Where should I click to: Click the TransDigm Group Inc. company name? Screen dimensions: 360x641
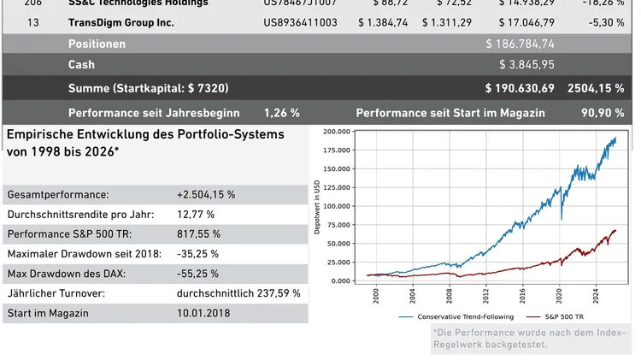click(121, 22)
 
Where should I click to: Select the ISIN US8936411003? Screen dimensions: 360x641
click(300, 22)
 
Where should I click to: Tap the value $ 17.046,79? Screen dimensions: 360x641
click(520, 22)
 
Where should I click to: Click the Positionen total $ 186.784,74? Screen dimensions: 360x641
click(520, 44)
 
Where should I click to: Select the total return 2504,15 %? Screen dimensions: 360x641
click(595, 89)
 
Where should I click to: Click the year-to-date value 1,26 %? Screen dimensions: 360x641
click(282, 113)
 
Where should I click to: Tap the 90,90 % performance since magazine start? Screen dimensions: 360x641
click(603, 113)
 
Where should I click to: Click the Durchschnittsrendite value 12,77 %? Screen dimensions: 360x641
click(196, 214)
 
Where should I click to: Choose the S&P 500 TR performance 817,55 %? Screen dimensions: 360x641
click(198, 233)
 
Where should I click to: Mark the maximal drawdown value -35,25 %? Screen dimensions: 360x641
click(197, 254)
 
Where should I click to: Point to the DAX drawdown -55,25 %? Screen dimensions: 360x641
click(197, 274)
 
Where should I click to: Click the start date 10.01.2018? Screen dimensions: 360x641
click(205, 313)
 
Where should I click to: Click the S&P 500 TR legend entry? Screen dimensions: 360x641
click(557, 316)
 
